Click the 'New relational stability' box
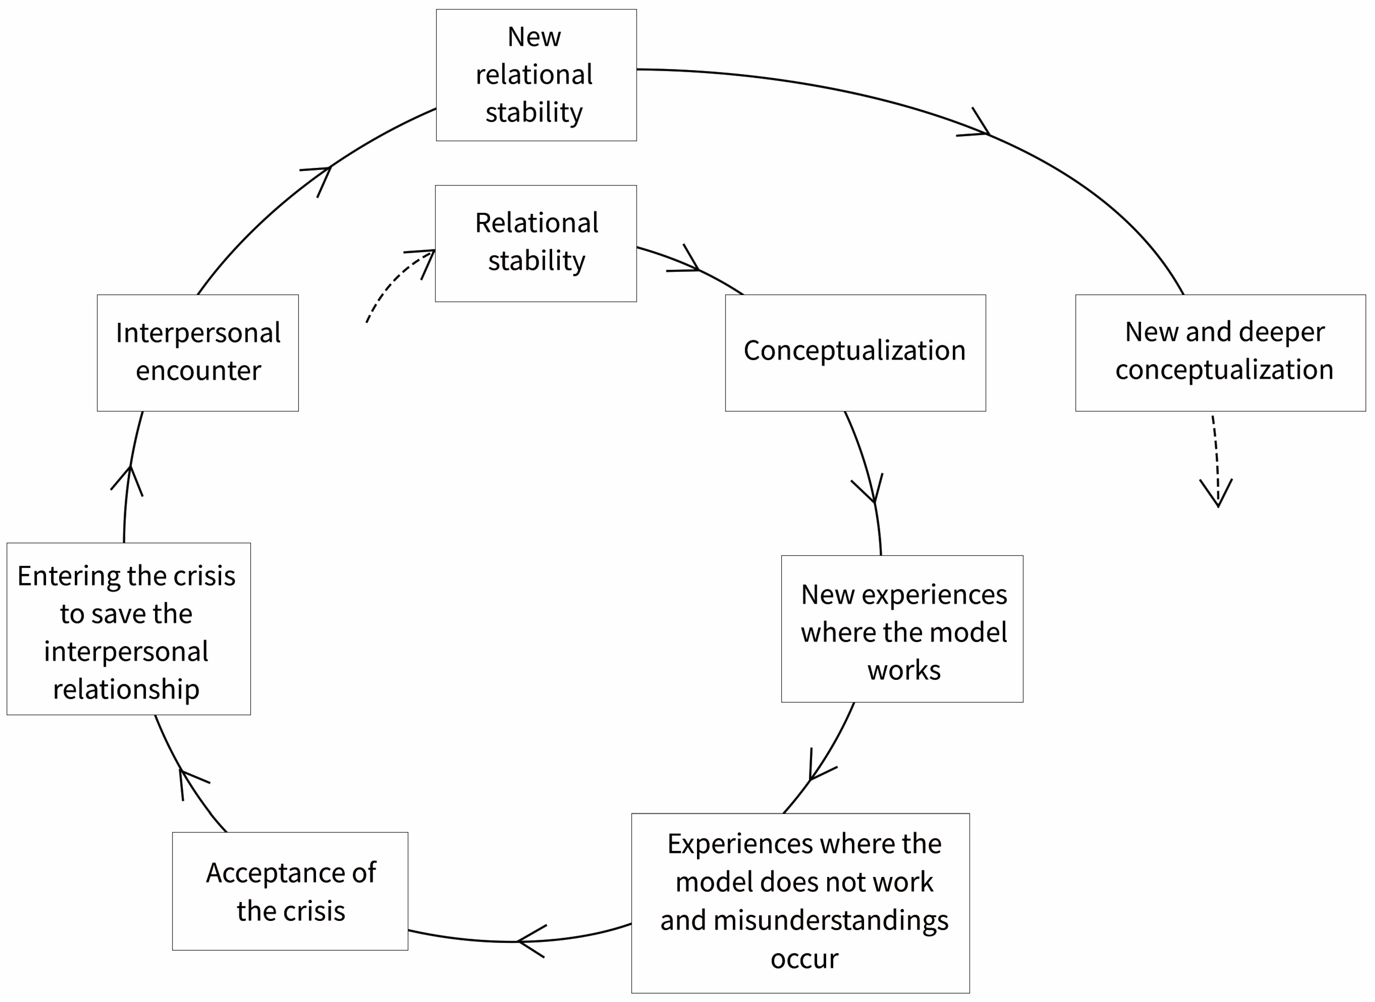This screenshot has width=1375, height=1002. [536, 74]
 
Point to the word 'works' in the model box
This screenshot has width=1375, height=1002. [903, 670]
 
